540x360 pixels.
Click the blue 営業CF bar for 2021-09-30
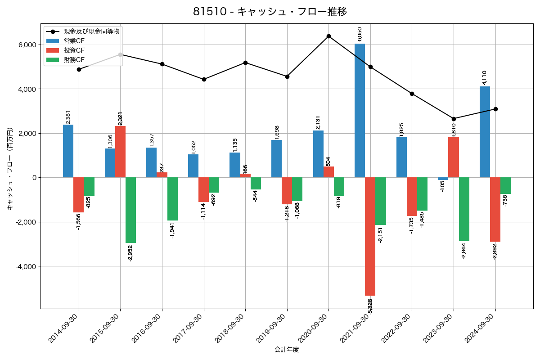pos(360,110)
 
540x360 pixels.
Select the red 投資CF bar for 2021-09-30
pos(370,236)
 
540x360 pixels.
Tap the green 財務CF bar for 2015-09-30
pos(130,210)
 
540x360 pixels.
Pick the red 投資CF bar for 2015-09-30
pos(120,152)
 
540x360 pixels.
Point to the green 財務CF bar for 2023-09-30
pos(464,209)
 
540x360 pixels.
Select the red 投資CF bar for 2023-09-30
pos(454,157)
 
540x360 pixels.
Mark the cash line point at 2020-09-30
pos(328,36)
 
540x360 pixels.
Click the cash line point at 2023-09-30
pos(454,119)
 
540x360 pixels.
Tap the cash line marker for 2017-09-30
pos(204,79)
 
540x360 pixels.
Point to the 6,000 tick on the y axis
pos(27,45)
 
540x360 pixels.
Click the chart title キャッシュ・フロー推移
pos(270,11)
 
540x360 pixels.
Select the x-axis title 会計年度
pos(287,350)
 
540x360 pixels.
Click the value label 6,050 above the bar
pos(359,34)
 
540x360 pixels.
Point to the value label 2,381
pos(68,117)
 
